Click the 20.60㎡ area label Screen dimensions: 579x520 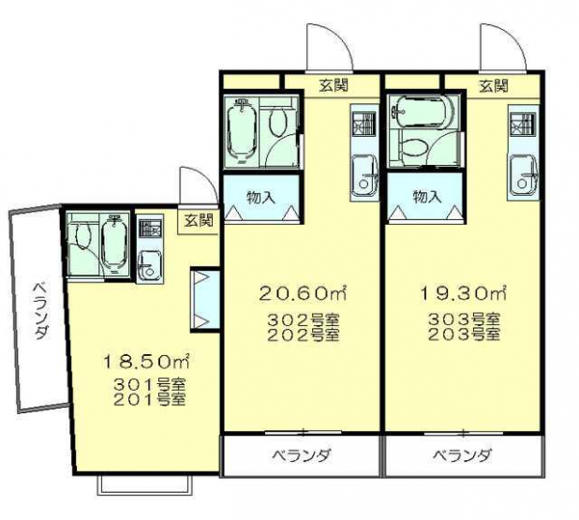coord(303,293)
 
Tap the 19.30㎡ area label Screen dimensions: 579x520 coord(464,293)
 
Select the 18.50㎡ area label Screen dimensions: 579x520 coord(146,362)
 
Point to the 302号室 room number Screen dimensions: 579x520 coord(303,319)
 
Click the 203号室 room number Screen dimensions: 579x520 coord(464,334)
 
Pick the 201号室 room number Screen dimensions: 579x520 coord(149,399)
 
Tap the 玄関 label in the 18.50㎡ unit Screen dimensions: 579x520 coord(199,220)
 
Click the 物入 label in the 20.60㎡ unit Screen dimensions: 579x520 coord(261,198)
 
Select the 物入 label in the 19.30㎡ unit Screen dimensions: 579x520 coord(427,197)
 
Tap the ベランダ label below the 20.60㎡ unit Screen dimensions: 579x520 coord(301,455)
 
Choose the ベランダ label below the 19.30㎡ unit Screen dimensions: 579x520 coord(462,455)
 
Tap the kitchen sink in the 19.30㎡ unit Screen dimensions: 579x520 coord(523,176)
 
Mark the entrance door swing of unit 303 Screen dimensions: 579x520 coord(503,47)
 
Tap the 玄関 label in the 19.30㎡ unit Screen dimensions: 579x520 coord(494,86)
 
